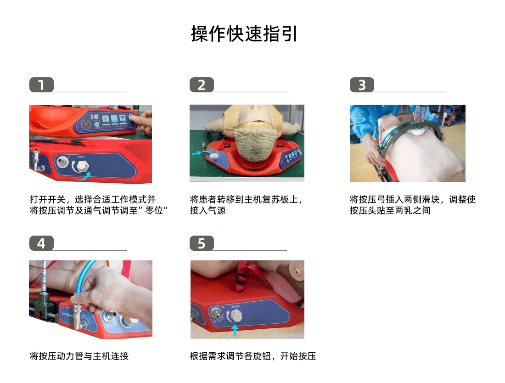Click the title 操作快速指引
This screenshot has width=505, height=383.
click(x=244, y=34)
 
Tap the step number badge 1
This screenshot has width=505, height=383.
click(x=41, y=85)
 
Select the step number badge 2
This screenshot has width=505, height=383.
click(x=202, y=85)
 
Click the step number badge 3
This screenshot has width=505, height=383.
click(x=362, y=85)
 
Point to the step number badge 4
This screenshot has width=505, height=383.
click(x=41, y=243)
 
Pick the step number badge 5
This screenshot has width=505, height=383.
click(x=202, y=243)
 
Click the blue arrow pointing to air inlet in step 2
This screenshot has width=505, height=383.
click(x=196, y=154)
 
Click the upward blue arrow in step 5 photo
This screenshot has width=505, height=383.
click(x=235, y=330)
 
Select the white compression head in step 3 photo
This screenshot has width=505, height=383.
click(x=420, y=130)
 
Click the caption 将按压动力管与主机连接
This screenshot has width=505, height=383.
click(x=79, y=356)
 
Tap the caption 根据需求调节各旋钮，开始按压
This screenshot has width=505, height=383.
click(x=253, y=356)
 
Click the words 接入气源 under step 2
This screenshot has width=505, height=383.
click(x=208, y=211)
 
